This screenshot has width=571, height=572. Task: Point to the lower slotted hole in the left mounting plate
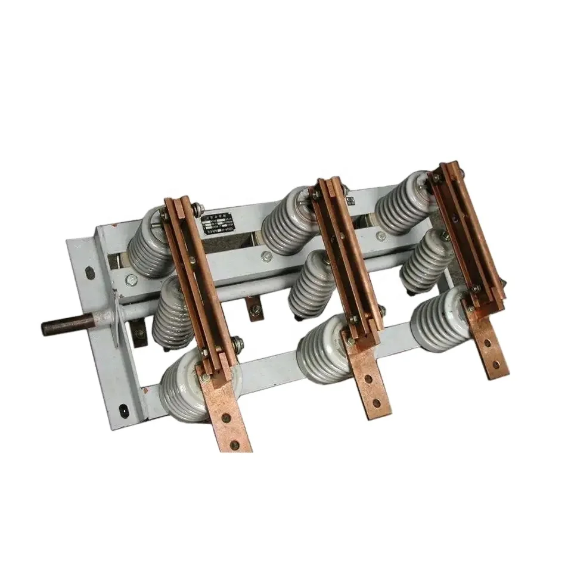[x=123, y=411]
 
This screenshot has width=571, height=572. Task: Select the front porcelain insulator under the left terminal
[x=185, y=381]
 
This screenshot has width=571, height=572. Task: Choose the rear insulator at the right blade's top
[x=405, y=203]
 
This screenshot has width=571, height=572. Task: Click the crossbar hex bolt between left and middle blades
[x=266, y=257]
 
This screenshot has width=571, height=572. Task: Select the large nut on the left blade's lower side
[x=237, y=343]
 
